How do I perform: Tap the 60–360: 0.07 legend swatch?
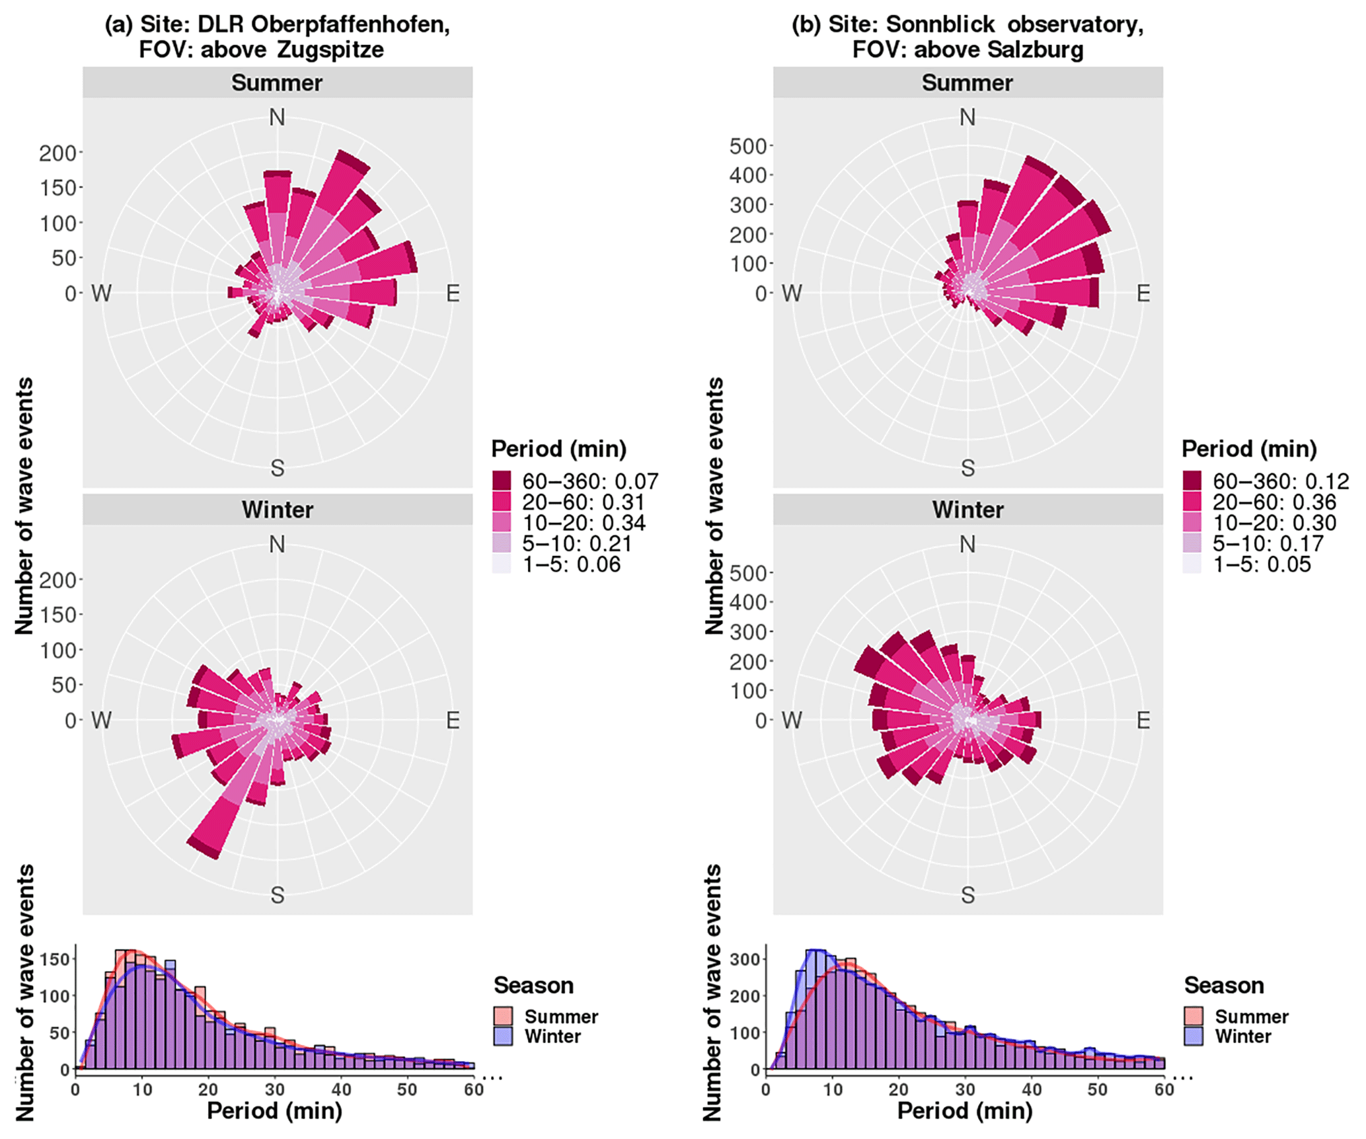(x=502, y=481)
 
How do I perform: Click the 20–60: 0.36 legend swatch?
(x=1192, y=502)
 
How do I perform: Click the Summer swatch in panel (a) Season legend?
(x=503, y=1016)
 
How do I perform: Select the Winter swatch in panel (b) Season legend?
(x=1194, y=1036)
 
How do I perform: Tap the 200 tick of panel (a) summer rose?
(x=57, y=153)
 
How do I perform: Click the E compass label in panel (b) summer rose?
(x=1143, y=294)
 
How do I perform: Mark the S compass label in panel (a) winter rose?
(x=278, y=895)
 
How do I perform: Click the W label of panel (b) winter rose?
(x=792, y=720)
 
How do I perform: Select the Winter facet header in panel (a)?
(x=278, y=510)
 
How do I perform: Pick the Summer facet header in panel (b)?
(x=968, y=83)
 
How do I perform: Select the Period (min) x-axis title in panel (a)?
(x=274, y=1111)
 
